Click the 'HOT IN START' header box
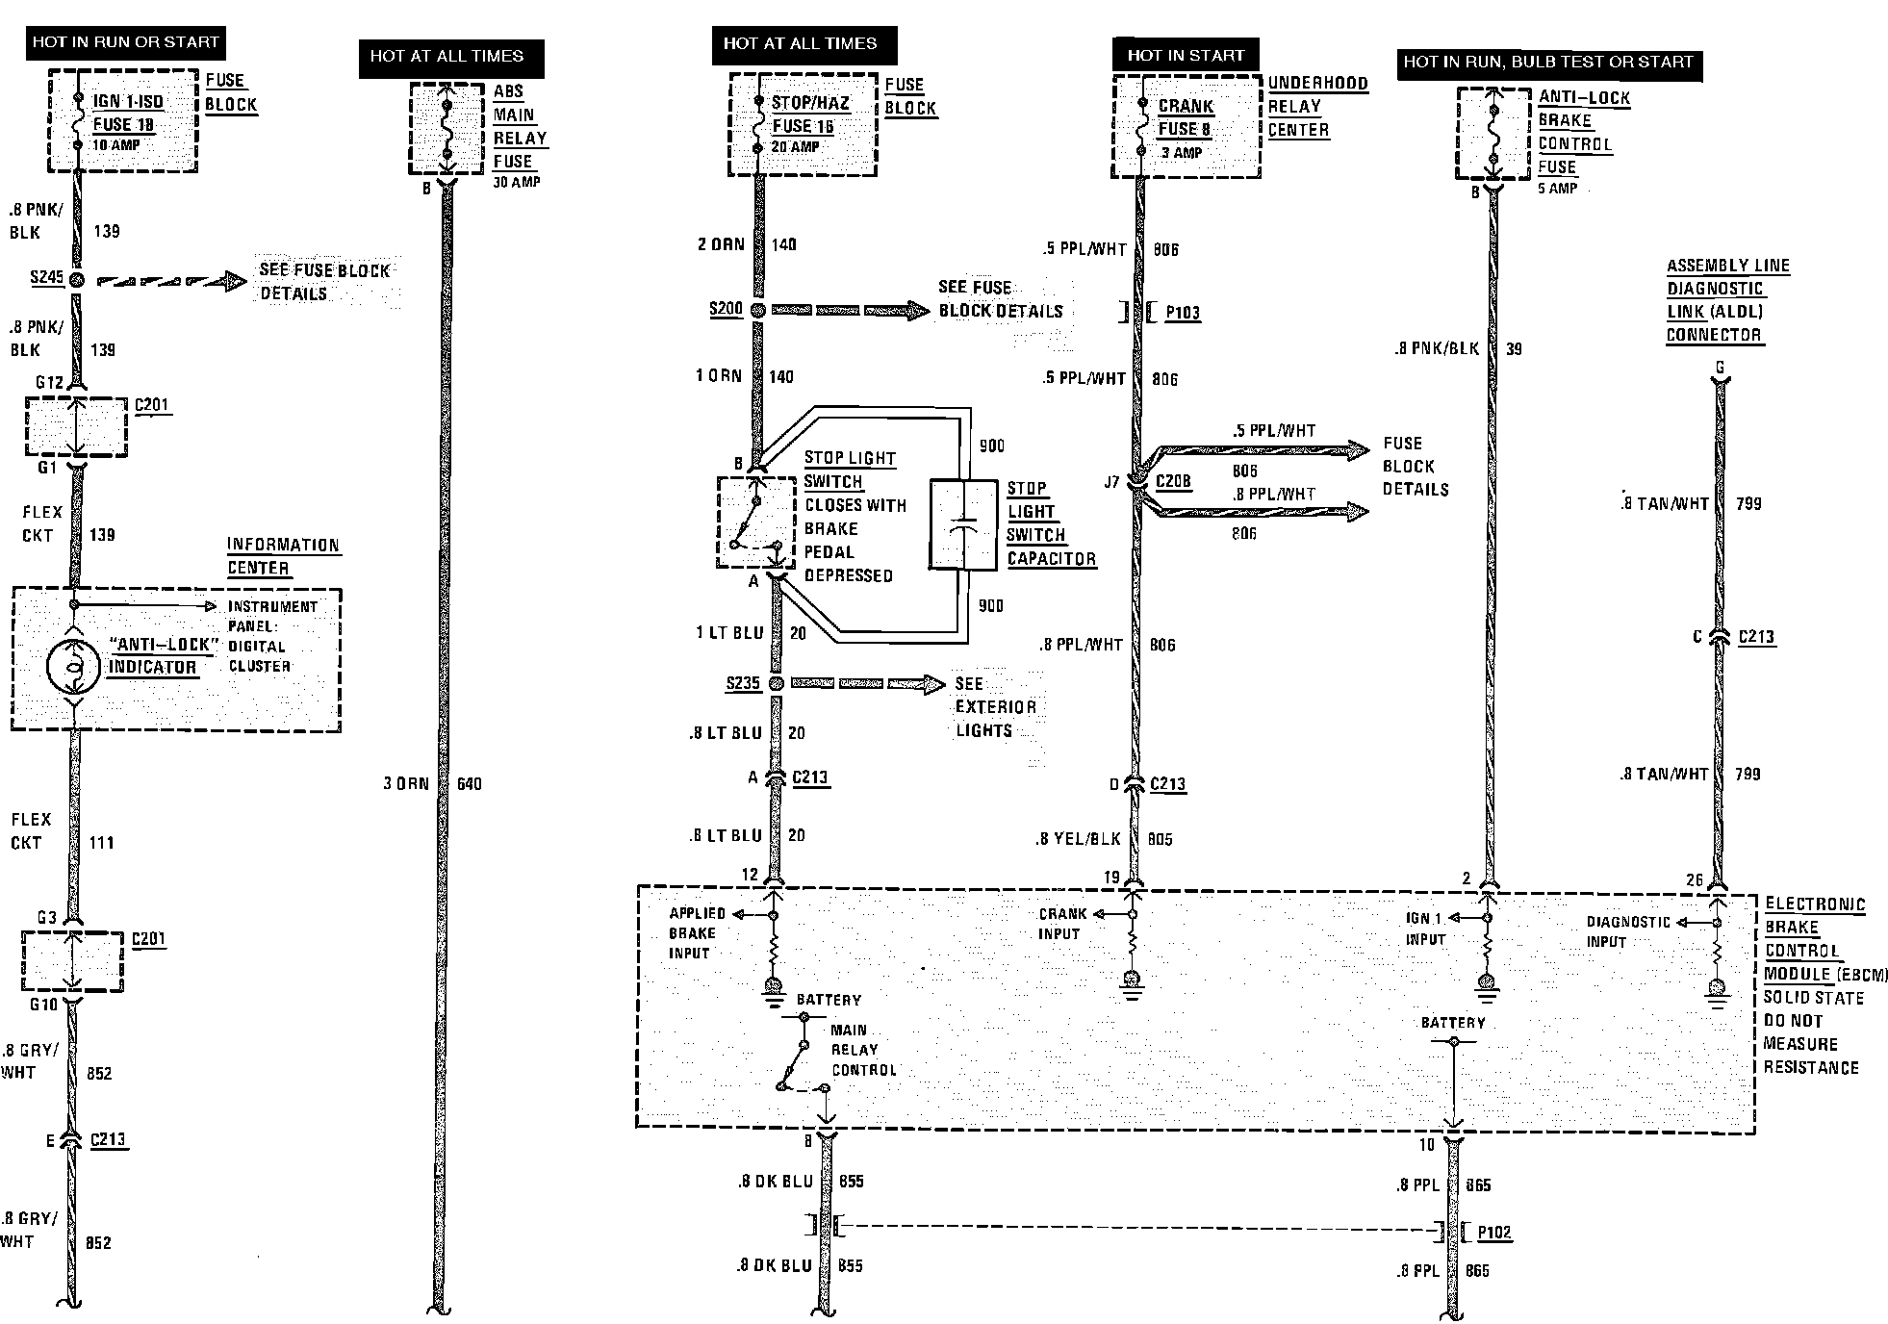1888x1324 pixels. (x=1186, y=56)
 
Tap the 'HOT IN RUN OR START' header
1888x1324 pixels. (x=125, y=42)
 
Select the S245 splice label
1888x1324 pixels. (x=46, y=278)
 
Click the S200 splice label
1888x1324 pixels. (x=726, y=309)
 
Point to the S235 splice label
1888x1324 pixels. (x=743, y=683)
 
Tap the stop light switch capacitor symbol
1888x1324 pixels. (x=963, y=525)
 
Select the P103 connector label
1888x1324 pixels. (x=1183, y=313)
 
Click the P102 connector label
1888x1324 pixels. (x=1493, y=1233)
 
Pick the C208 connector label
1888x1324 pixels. (x=1173, y=481)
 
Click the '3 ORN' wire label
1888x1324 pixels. (x=405, y=783)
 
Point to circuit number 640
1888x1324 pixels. (x=470, y=783)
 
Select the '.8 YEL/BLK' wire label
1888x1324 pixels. (x=1079, y=839)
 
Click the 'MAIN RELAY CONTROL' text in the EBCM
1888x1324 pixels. (x=862, y=1050)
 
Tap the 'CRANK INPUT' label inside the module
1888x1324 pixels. (x=1061, y=924)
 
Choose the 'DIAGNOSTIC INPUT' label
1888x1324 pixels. (x=1628, y=931)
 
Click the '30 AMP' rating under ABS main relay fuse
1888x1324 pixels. (x=517, y=182)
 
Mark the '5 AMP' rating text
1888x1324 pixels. (x=1557, y=189)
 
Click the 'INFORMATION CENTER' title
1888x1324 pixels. (x=283, y=556)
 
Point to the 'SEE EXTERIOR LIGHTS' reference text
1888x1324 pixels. (x=995, y=707)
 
